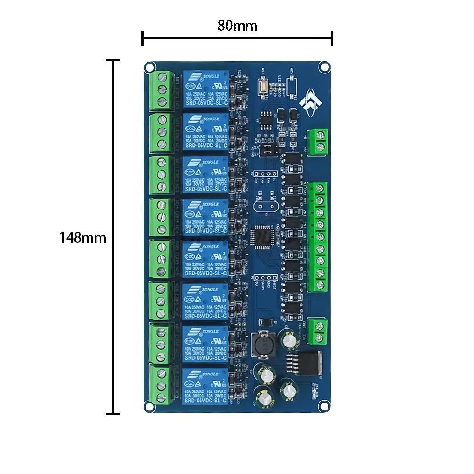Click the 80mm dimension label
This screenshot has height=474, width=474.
point(237,26)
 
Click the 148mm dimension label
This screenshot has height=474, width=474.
point(82,237)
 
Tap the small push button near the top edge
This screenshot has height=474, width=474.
point(263,87)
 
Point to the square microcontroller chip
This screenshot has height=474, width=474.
point(264,235)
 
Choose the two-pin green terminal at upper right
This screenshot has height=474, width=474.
point(319,141)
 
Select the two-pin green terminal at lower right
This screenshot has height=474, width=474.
point(318,331)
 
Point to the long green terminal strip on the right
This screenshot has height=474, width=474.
point(318,237)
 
